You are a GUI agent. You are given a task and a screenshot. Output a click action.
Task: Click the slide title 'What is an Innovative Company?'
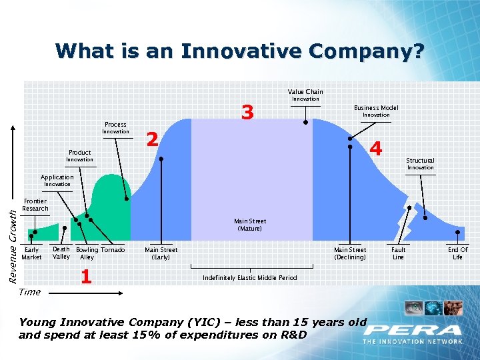point(239,51)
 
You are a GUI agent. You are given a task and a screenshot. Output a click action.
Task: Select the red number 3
point(248,114)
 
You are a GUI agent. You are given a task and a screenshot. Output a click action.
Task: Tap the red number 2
point(152,139)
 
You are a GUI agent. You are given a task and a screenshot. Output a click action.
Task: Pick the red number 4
point(376,149)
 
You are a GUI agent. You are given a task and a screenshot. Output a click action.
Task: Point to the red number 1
point(85,276)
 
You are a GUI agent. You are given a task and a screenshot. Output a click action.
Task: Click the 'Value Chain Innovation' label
point(305,95)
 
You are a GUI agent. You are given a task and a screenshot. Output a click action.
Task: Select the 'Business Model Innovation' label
point(376,111)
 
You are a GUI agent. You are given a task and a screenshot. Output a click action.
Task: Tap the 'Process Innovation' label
point(115,128)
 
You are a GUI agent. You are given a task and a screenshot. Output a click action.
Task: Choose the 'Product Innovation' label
point(79,156)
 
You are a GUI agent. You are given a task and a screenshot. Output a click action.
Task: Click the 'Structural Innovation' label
point(420,164)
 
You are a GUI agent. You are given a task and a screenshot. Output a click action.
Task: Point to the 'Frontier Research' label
point(35,205)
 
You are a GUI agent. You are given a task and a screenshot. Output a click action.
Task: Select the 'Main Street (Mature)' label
point(250,225)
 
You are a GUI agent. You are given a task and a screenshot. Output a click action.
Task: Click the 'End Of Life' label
point(457,253)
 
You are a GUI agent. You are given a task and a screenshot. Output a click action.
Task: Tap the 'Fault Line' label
point(398,253)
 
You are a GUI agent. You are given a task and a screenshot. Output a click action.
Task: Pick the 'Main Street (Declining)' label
point(350,253)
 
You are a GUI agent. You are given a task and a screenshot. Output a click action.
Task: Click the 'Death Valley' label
point(61,253)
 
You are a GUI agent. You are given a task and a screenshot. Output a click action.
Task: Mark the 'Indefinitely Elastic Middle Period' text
point(250,277)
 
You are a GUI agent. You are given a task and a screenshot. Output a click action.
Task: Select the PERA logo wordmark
point(413,330)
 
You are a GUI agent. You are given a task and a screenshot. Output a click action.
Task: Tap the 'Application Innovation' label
point(57,181)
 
